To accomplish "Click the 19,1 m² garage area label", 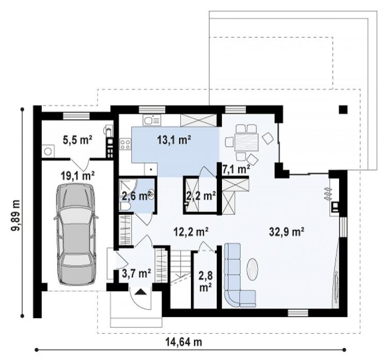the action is tap(77, 176).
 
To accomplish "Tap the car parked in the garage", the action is tap(76, 234).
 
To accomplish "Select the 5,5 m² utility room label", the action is tap(77, 140).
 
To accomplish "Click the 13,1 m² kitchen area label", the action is tap(173, 140).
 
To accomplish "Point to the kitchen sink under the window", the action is tap(152, 120).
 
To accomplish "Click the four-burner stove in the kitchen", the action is tap(125, 144).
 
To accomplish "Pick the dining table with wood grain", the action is tap(246, 142).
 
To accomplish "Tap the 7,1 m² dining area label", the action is tap(236, 169).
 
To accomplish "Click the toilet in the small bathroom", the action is tap(125, 207).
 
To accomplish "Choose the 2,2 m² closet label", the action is tap(201, 195).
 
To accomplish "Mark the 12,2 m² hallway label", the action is tap(191, 231).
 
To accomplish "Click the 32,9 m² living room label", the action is tap(286, 231).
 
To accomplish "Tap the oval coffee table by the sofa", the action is tap(252, 269).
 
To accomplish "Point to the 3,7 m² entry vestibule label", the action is tap(136, 273).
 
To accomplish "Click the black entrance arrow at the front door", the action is tap(140, 292).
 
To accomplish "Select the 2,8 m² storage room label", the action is tap(205, 281).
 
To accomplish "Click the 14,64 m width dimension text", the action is tap(184, 342).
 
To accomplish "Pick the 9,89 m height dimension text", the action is tap(15, 215).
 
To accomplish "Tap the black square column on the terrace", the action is tap(343, 109).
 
